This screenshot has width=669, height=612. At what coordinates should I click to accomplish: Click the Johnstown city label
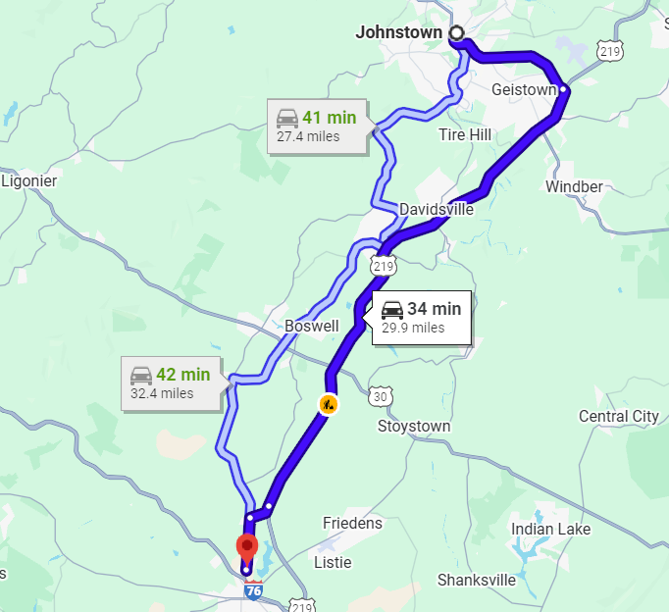pyautogui.click(x=398, y=32)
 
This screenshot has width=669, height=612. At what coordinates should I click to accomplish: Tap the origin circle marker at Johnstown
pyautogui.click(x=456, y=33)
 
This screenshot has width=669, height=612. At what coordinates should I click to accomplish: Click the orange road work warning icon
pyautogui.click(x=328, y=403)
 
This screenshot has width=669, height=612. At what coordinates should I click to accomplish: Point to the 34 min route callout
pyautogui.click(x=422, y=317)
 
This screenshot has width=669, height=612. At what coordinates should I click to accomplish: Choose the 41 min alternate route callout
pyautogui.click(x=317, y=126)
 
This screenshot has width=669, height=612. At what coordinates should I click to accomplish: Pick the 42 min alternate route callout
pyautogui.click(x=171, y=382)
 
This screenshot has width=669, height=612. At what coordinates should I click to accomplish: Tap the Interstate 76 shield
pyautogui.click(x=253, y=592)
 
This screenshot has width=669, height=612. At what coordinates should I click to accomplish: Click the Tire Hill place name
pyautogui.click(x=466, y=134)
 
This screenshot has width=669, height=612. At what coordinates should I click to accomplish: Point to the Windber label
pyautogui.click(x=574, y=186)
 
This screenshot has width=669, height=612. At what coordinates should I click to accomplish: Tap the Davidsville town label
pyautogui.click(x=437, y=209)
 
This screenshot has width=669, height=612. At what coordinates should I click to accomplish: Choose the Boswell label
pyautogui.click(x=311, y=326)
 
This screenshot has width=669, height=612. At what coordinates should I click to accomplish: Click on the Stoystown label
pyautogui.click(x=414, y=427)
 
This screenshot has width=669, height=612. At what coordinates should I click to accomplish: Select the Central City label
pyautogui.click(x=618, y=416)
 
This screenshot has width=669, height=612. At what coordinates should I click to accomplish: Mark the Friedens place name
pyautogui.click(x=352, y=524)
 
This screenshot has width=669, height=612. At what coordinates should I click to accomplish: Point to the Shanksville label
pyautogui.click(x=477, y=580)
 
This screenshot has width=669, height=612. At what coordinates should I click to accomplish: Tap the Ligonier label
pyautogui.click(x=29, y=181)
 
